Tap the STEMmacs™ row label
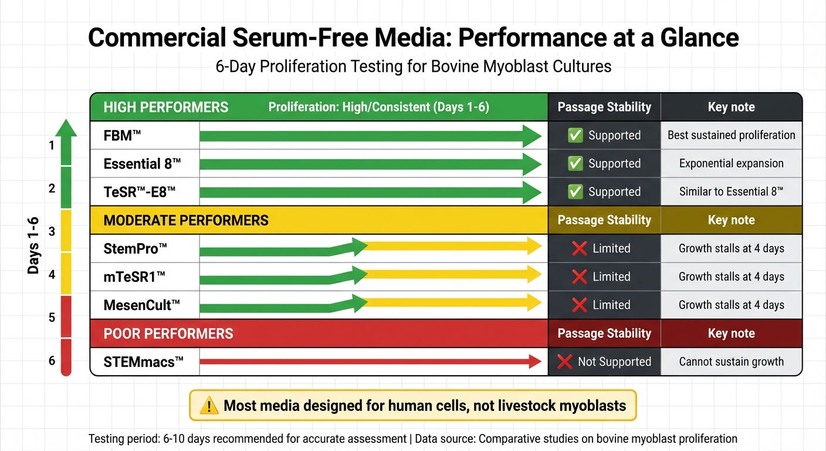click(x=143, y=362)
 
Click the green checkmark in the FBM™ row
click(x=575, y=136)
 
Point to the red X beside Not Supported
click(x=564, y=362)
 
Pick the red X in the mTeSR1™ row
click(x=579, y=277)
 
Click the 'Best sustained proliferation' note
click(x=731, y=136)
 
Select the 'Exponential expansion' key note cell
click(x=731, y=164)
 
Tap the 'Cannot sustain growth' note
click(x=731, y=362)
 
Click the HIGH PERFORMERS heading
click(x=166, y=107)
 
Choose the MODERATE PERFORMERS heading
click(x=186, y=221)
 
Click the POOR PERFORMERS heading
click(x=168, y=334)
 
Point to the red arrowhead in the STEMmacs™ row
click(x=534, y=362)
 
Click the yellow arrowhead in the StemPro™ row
click(x=534, y=247)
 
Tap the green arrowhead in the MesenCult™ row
click(x=359, y=304)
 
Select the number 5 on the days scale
click(x=52, y=318)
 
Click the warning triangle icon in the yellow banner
click(x=209, y=405)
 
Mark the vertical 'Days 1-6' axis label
click(x=33, y=245)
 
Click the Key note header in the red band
click(x=731, y=334)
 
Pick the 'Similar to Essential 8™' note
click(x=731, y=192)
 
